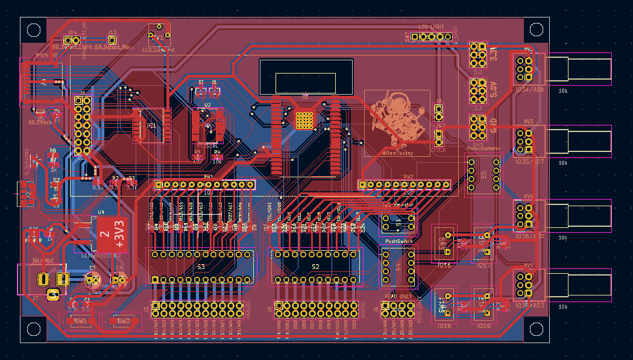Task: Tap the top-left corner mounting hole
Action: coord(33,29)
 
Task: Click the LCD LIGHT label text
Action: coord(431,27)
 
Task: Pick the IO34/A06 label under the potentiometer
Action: coord(530,89)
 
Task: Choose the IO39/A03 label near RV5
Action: coord(530,306)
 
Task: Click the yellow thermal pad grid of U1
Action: coord(305,120)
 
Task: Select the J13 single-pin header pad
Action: coord(112,39)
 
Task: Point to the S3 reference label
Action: coord(201,267)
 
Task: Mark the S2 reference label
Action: coord(315,267)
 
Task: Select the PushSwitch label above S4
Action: coord(398,241)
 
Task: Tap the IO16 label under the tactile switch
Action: coord(444,265)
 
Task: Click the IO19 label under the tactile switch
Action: coord(483,326)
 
